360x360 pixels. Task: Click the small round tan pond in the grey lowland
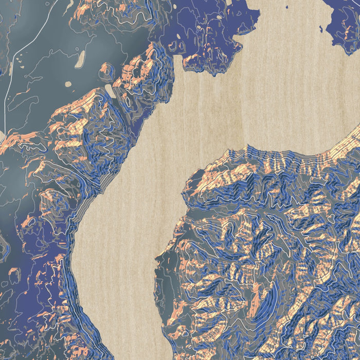pyautogui.click(x=68, y=84)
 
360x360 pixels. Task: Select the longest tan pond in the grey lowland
pyautogui.click(x=80, y=59)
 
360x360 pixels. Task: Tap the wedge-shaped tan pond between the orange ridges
pyautogui.click(x=110, y=91)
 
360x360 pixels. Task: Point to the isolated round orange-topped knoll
pyautogui.click(x=106, y=69)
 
